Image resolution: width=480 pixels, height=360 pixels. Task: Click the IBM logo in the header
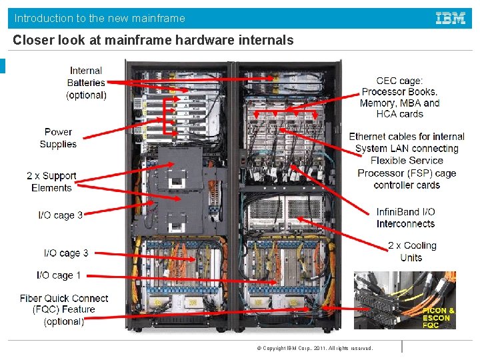(x=451, y=18)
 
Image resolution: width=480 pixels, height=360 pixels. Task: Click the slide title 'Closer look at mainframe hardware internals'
(x=153, y=41)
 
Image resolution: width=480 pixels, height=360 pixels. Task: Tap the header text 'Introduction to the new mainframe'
(x=100, y=18)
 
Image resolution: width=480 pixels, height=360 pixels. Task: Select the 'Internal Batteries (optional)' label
(x=86, y=83)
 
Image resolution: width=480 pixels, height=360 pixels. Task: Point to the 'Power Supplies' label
(x=58, y=138)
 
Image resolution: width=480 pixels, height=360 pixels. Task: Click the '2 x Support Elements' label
(x=51, y=182)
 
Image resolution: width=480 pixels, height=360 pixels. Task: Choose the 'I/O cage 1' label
(x=59, y=275)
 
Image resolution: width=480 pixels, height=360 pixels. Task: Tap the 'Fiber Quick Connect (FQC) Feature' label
(x=64, y=309)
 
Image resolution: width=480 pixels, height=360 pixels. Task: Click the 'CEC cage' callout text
(x=399, y=97)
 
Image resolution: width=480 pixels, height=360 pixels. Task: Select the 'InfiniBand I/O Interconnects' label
(x=405, y=218)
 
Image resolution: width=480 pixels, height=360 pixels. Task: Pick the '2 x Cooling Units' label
(x=411, y=251)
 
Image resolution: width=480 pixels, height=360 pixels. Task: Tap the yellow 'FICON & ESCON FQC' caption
(x=438, y=318)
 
